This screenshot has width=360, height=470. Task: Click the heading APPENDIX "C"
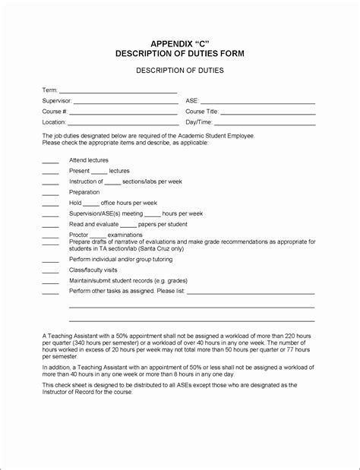179,44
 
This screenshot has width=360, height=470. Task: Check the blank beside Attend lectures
50,162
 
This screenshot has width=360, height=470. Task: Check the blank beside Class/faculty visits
50,272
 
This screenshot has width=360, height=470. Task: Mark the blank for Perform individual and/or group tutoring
50,261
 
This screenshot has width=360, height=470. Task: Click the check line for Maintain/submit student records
50,282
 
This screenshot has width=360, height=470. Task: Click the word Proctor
78,235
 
